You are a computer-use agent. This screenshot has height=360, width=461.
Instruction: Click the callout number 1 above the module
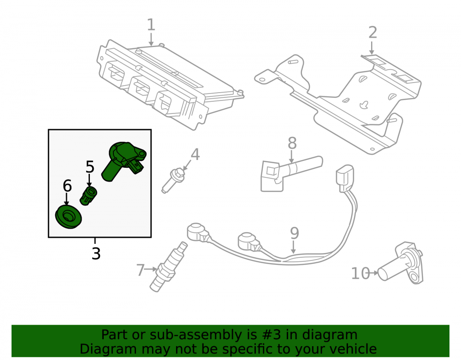pos(151,25)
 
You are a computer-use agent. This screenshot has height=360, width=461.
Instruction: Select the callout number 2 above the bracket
pos(372,32)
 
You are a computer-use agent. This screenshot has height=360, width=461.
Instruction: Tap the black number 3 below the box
pos(96,254)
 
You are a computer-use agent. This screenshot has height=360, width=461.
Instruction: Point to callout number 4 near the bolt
pos(195,154)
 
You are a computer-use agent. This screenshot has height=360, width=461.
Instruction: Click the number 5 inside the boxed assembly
pos(90,167)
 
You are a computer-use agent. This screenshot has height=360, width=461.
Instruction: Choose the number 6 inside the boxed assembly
pos(67,186)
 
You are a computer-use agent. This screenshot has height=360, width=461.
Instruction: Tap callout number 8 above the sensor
pos(292,143)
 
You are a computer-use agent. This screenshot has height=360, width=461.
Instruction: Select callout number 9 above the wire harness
pos(294,233)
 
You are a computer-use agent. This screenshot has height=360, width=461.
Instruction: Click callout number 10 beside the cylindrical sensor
pos(361,274)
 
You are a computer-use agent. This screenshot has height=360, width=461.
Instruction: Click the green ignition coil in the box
pos(124,161)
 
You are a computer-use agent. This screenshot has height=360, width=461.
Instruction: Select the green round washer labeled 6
pos(69,217)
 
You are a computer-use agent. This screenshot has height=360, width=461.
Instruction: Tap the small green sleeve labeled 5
pos(89,196)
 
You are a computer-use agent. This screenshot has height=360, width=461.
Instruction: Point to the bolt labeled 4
pos(173,180)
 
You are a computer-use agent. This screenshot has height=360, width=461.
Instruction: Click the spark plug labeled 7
pos(168,266)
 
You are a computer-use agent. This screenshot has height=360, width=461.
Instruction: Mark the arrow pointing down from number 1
pos(151,39)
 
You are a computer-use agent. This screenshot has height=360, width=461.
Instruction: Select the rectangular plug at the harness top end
pos(344,178)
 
